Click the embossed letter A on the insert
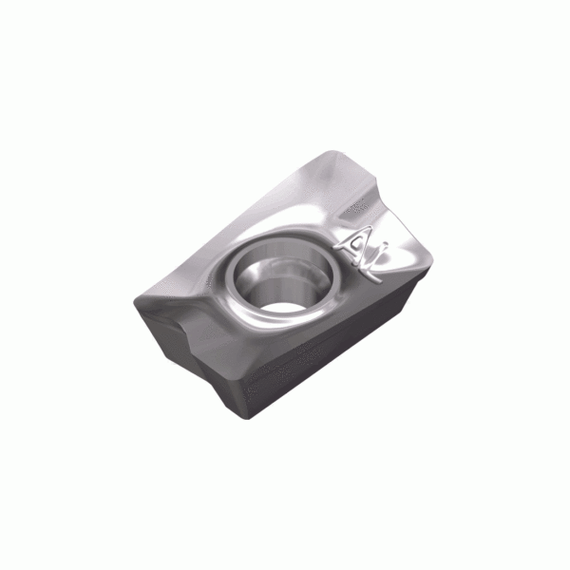coord(354,244)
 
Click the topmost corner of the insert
coord(332,150)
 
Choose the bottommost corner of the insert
coord(249,419)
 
